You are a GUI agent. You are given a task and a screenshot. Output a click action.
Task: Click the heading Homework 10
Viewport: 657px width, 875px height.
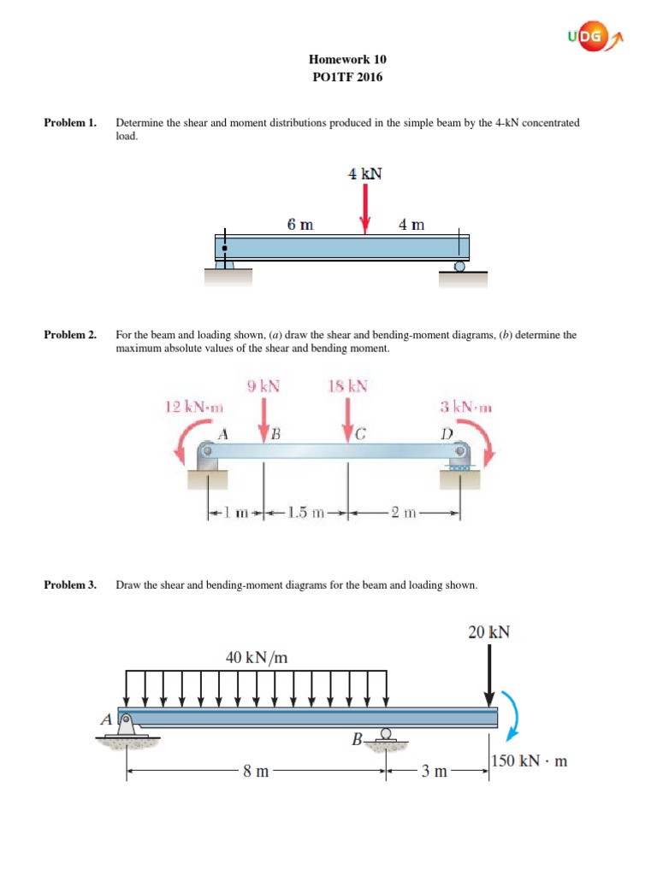(x=346, y=60)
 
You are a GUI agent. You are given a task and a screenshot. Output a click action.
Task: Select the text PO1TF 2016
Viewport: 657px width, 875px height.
(x=346, y=77)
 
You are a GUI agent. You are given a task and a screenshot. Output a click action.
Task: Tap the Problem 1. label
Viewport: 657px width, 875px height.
(x=70, y=123)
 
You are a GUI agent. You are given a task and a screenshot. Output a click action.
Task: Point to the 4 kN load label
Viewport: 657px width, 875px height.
(x=364, y=173)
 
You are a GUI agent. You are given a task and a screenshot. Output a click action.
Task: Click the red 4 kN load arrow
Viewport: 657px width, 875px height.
(x=365, y=210)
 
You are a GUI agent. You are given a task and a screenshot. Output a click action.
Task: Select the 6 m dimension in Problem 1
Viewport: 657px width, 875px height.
(x=300, y=225)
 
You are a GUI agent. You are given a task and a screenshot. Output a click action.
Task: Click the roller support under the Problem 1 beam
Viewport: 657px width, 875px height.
(x=459, y=267)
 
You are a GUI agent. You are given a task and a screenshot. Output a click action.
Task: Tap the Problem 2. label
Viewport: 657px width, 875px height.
(x=70, y=335)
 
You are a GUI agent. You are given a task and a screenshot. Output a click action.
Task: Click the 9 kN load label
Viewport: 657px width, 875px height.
(x=263, y=386)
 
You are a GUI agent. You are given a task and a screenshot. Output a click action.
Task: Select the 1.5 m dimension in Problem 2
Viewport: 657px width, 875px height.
(x=305, y=513)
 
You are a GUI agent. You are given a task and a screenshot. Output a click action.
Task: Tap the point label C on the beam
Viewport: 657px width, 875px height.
(x=360, y=433)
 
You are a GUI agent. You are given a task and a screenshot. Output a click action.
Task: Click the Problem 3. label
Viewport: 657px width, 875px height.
(x=70, y=585)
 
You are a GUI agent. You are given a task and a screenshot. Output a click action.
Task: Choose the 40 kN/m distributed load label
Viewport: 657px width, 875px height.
(x=257, y=657)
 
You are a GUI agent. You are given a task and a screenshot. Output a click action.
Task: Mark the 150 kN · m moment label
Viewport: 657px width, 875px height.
(x=530, y=761)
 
